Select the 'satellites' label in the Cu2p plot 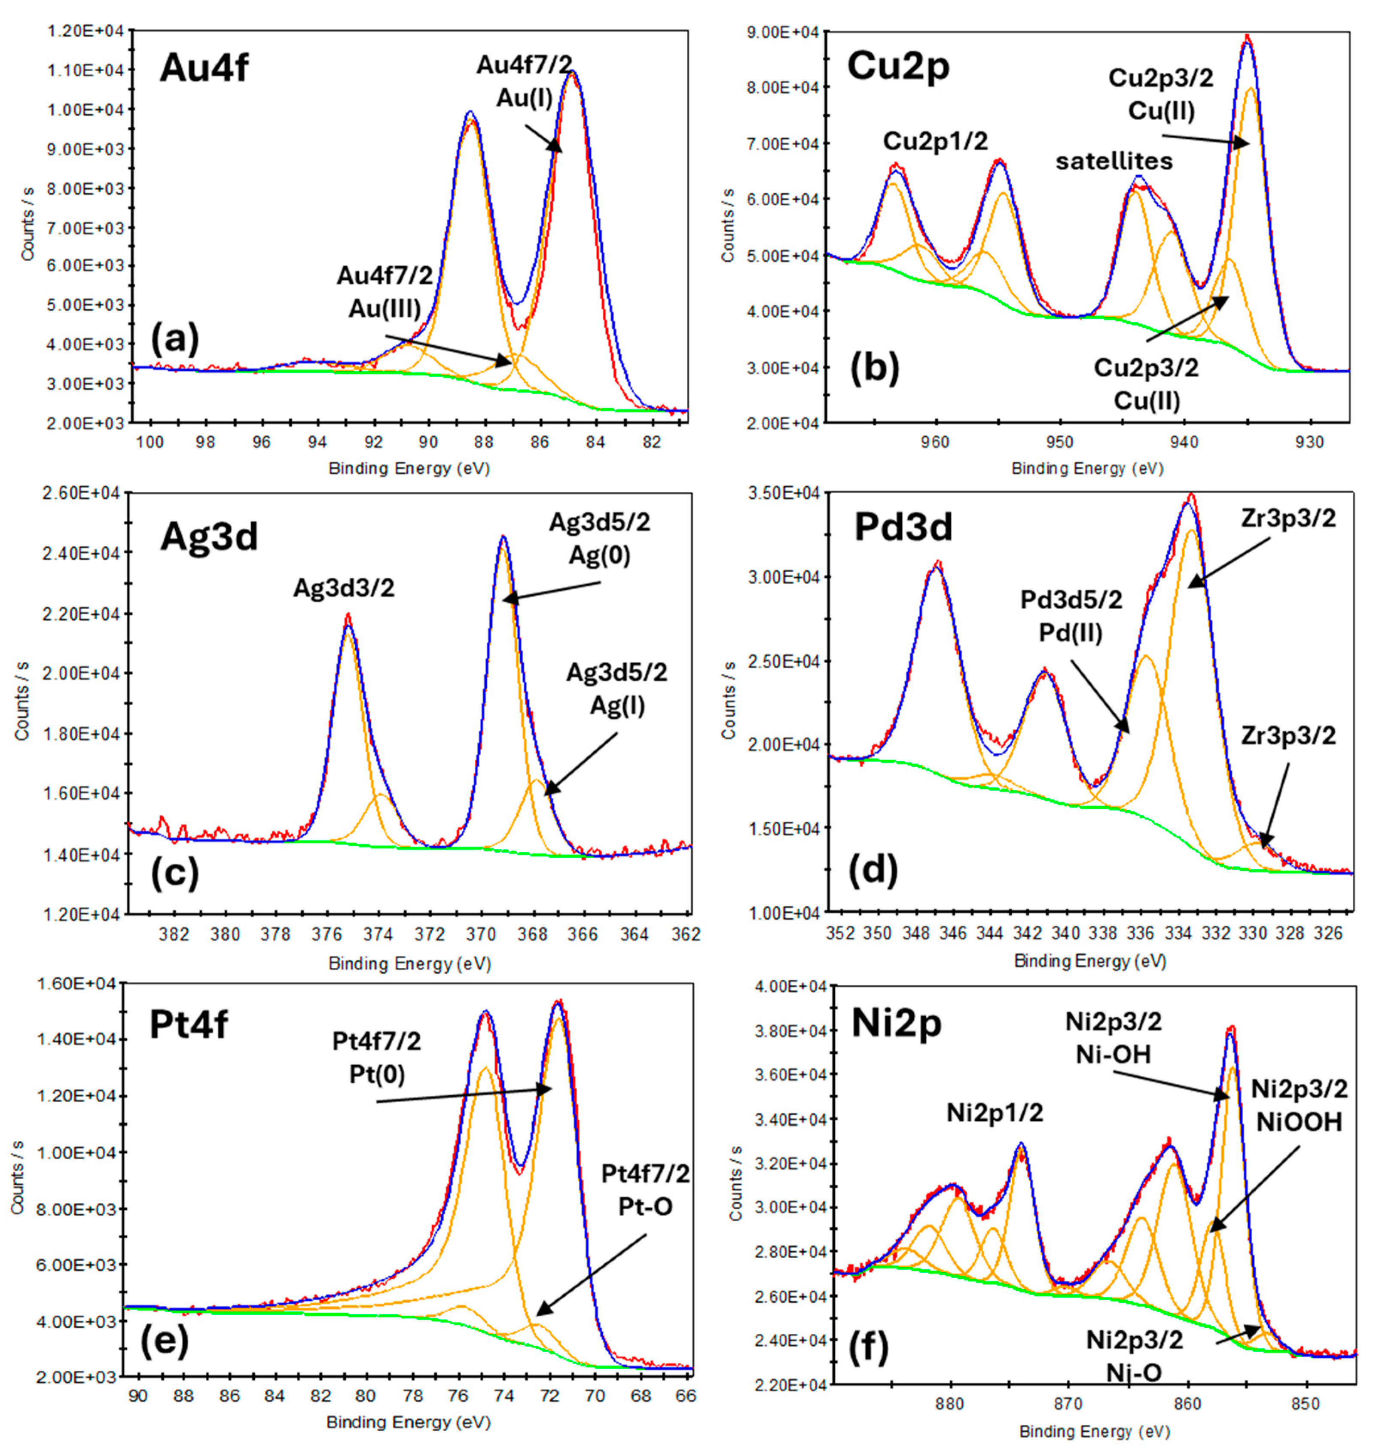[x=1114, y=162]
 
